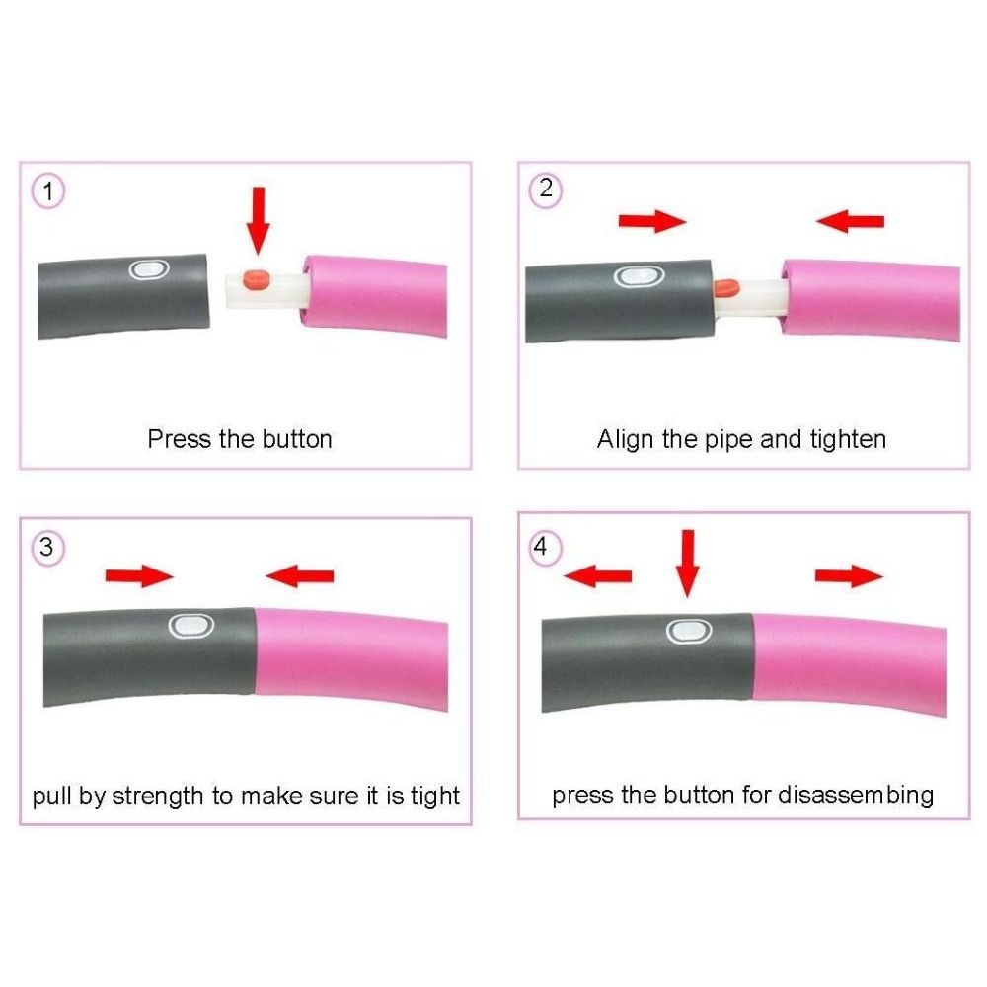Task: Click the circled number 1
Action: [x=48, y=190]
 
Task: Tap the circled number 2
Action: [x=546, y=189]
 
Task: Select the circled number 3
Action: [x=47, y=548]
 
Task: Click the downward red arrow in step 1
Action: [x=258, y=220]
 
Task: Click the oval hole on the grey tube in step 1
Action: [x=149, y=269]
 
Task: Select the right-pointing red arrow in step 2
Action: [x=652, y=221]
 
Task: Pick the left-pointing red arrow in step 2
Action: [x=850, y=221]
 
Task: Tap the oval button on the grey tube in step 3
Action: [x=191, y=626]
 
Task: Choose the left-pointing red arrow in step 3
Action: [x=300, y=576]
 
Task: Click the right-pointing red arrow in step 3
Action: [x=139, y=576]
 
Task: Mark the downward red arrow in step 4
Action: [x=687, y=564]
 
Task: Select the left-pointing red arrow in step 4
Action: [x=597, y=576]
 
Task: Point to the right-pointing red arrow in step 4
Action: [x=849, y=576]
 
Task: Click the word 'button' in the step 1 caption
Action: [x=297, y=439]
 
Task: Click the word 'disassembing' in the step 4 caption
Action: [x=856, y=795]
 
